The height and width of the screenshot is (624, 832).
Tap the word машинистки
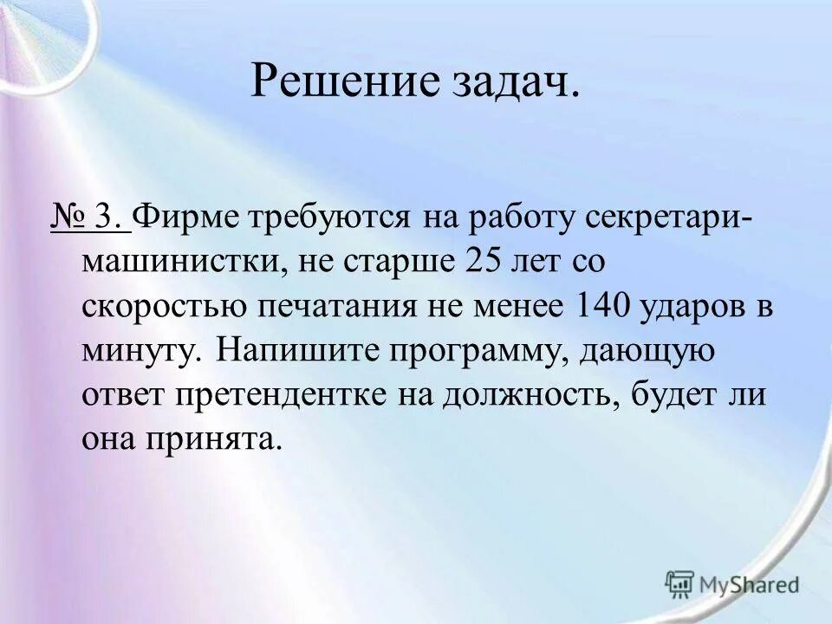pyautogui.click(x=179, y=263)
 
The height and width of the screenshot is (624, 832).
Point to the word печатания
pyautogui.click(x=346, y=307)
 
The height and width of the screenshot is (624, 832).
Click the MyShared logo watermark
pyautogui.click(x=732, y=584)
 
